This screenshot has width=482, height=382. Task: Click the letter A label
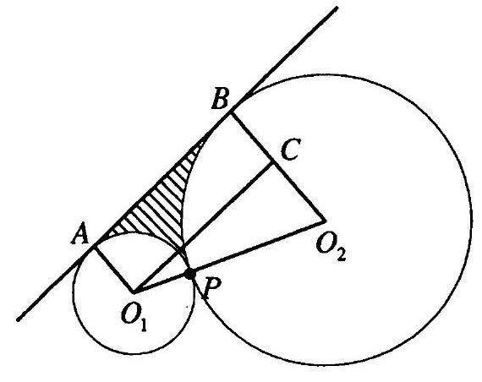[80, 233]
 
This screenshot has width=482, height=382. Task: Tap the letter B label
[220, 98]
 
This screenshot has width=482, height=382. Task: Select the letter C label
[291, 150]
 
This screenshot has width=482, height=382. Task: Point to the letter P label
[211, 288]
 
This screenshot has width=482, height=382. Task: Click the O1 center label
[134, 319]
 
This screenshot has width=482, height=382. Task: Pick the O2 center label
[331, 249]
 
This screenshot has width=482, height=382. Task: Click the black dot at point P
[190, 273]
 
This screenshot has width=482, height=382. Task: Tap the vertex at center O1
[133, 291]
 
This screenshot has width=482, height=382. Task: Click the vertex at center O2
[325, 221]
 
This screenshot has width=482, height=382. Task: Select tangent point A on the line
[96, 247]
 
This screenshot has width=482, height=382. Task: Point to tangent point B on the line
[231, 113]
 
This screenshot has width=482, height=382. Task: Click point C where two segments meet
[273, 163]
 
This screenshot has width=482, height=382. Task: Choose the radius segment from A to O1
[114, 269]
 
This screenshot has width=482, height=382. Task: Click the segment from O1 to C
[203, 226]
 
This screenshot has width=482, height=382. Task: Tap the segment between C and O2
[299, 192]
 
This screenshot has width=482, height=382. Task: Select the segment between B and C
[252, 138]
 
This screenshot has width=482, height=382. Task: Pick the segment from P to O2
[258, 247]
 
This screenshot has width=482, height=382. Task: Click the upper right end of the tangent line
[337, 8]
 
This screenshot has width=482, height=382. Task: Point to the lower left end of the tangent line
[19, 319]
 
